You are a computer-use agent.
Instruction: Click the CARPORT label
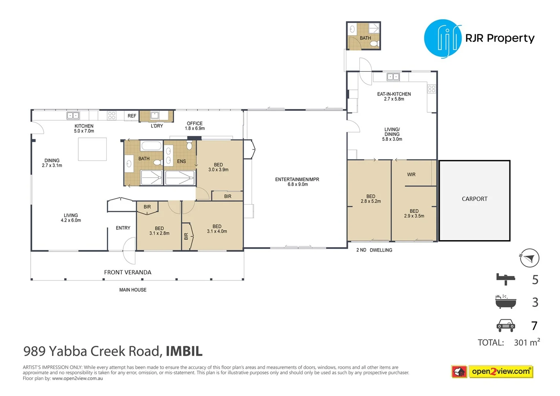475,199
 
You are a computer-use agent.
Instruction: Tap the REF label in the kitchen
132,116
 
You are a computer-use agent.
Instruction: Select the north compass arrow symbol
530,258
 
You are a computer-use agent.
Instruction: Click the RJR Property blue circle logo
443,38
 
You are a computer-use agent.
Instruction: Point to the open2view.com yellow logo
501,372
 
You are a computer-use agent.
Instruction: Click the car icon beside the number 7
506,326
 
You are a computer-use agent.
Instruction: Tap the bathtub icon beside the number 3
505,302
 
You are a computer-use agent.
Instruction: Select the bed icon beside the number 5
505,279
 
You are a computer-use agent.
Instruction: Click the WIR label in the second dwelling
411,175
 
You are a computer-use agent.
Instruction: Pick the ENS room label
181,161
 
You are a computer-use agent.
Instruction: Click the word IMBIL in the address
184,351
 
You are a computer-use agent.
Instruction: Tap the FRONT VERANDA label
128,272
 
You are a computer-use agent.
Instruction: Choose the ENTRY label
123,228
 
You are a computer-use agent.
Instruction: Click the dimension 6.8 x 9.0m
298,184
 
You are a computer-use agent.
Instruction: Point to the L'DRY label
157,126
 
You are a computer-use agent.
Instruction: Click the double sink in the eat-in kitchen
393,77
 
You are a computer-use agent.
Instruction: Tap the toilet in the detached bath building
374,44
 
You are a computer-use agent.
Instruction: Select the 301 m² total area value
527,342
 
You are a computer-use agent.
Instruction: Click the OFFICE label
195,123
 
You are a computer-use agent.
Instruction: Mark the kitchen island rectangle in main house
92,149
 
